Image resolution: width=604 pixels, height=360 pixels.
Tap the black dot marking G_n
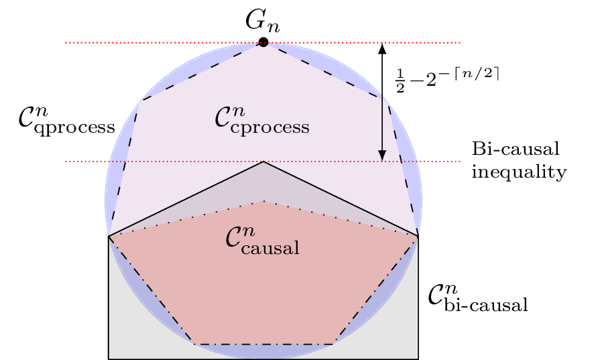pyautogui.click(x=263, y=42)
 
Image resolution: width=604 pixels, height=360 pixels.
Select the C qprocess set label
pyautogui.click(x=66, y=121)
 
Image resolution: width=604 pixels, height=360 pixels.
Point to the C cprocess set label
pyautogui.click(x=261, y=121)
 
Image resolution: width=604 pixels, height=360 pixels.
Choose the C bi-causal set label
pyautogui.click(x=477, y=299)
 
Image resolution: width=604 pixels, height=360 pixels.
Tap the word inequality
pyautogui.click(x=519, y=172)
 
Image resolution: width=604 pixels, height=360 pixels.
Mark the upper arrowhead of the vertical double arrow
pyautogui.click(x=382, y=48)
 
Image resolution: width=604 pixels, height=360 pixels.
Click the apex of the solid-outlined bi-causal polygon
pyautogui.click(x=263, y=162)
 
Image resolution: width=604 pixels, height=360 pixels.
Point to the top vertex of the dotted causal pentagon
pyautogui.click(x=263, y=201)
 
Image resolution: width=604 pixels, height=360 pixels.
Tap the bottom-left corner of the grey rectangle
pyautogui.click(x=109, y=359)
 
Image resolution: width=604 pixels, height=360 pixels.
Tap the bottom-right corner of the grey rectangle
pyautogui.click(x=418, y=359)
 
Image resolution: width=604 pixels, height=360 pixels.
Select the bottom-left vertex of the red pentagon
pyautogui.click(x=193, y=344)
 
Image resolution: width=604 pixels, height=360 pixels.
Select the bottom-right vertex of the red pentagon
pyautogui.click(x=334, y=344)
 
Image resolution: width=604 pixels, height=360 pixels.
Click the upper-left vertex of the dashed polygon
pyautogui.click(x=141, y=101)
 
